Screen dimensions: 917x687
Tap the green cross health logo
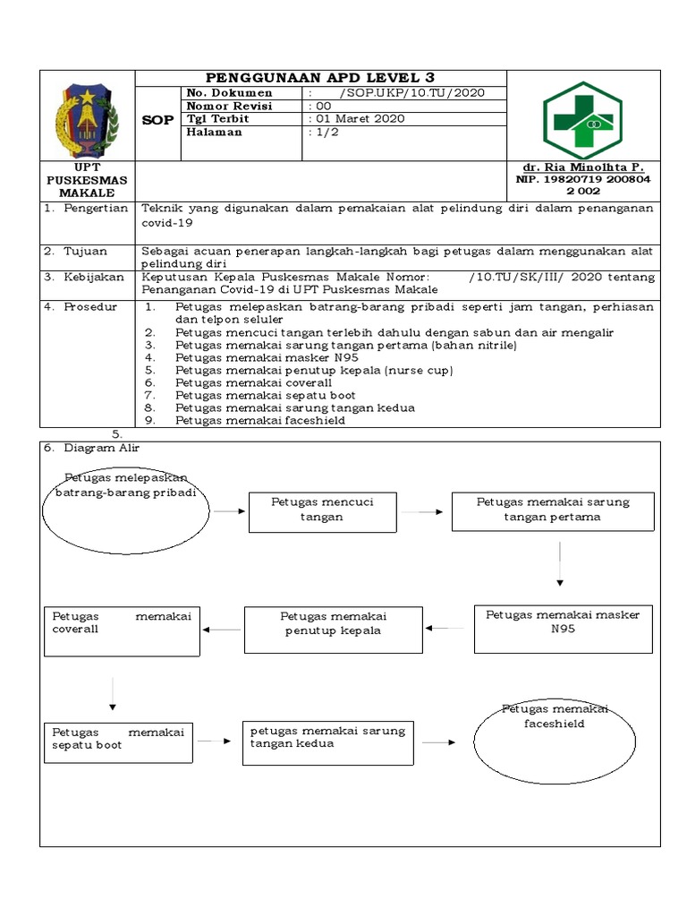click(582, 120)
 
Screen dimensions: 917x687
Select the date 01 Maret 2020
click(356, 118)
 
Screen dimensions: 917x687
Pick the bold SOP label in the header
click(157, 120)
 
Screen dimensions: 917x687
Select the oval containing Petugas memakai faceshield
click(555, 741)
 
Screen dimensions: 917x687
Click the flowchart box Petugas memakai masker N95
click(564, 628)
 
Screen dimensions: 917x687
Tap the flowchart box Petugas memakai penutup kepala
click(333, 630)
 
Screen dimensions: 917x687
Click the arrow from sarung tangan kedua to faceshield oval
click(439, 742)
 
